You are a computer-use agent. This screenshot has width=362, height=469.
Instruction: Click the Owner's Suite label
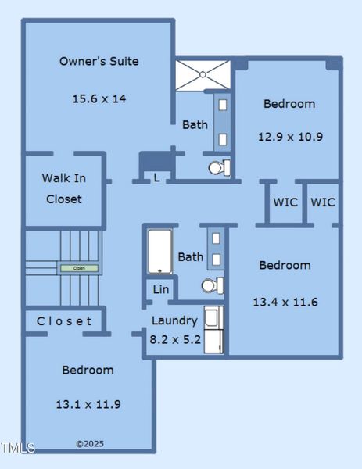99,61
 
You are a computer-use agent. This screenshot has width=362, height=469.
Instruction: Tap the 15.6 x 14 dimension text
99,98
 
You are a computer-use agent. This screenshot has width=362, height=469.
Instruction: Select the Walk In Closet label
64,188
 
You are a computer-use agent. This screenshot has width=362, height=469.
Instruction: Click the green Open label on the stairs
80,268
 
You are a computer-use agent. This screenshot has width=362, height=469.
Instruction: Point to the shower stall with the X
203,75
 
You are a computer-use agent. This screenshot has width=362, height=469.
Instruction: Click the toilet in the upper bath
218,167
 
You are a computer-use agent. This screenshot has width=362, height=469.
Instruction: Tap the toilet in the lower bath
212,286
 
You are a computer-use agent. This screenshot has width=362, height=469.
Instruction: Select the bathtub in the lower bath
160,251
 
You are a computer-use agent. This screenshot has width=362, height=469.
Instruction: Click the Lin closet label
160,289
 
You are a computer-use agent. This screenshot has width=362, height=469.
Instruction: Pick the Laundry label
174,320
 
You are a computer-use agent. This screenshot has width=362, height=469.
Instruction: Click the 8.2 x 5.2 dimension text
174,339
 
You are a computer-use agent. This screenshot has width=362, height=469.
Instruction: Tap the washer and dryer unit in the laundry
213,330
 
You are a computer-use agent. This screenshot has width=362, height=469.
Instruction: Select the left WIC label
285,202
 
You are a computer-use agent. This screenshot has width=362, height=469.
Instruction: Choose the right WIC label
323,202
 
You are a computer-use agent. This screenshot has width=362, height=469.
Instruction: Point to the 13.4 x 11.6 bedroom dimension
285,302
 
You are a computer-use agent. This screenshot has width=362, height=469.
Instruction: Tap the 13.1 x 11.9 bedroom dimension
88,404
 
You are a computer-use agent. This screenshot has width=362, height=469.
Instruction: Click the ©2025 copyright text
90,444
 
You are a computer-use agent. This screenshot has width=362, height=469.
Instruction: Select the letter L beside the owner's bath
156,177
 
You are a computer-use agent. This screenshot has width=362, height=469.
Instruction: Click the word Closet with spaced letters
64,321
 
